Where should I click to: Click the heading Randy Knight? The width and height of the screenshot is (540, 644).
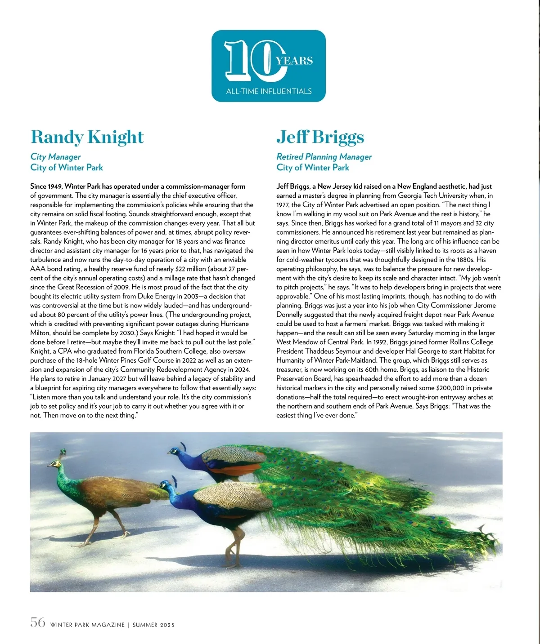click(87, 137)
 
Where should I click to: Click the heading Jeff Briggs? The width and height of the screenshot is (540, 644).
click(320, 137)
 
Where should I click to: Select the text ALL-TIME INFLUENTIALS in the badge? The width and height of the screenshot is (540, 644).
click(269, 91)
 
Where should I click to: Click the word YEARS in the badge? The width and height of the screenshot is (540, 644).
click(295, 61)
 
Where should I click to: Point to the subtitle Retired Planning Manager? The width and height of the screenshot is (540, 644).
click(324, 156)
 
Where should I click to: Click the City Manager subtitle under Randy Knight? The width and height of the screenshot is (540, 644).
click(55, 156)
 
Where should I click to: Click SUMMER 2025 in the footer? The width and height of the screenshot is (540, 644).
click(153, 625)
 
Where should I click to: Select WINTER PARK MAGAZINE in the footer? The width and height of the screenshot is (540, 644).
click(87, 625)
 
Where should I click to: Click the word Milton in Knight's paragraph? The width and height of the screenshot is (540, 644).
click(40, 333)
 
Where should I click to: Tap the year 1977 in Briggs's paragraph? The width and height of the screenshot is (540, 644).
click(283, 205)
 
